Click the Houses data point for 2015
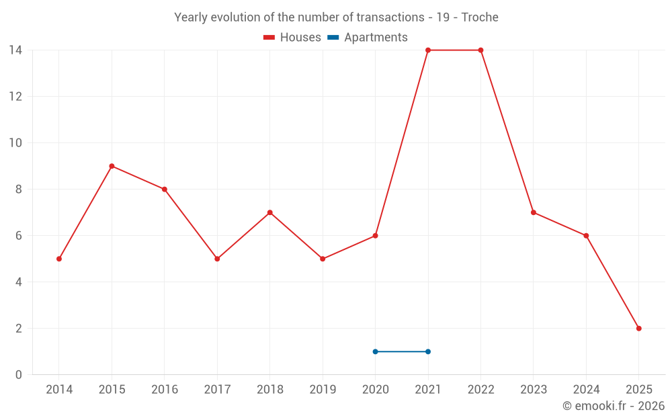pos(112,166)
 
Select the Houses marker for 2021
pos(428,50)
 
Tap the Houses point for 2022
pos(480,50)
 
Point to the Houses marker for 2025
pos(638,329)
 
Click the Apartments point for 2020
pos(375,351)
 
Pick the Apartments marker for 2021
pos(428,351)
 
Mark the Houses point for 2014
pos(59,259)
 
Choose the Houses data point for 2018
pos(269,212)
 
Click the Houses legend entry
pos(292,38)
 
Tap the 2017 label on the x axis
pos(217,390)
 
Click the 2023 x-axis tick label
pos(533,390)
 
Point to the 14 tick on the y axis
pos(15,50)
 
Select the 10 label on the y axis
pos(15,143)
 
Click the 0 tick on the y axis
pos(19,375)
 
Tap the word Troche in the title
pos(480,17)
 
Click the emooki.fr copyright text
pos(614,406)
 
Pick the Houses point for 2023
pos(533,212)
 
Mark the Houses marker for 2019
pos(323,259)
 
